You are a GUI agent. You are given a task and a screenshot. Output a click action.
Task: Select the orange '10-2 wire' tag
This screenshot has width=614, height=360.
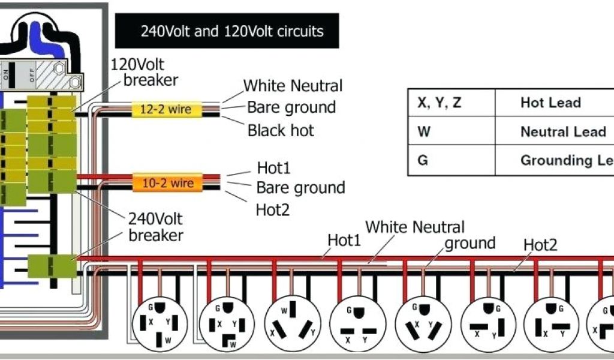coord(167,182)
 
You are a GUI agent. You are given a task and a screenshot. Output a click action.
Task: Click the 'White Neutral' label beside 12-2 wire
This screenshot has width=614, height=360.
coord(293,86)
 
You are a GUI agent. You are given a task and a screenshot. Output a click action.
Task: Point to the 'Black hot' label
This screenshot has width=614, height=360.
coord(281,130)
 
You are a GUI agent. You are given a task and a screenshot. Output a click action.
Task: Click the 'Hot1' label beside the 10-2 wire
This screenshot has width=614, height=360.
coord(273,168)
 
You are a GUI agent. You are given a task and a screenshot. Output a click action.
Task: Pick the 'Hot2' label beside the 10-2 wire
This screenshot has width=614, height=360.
coord(273,209)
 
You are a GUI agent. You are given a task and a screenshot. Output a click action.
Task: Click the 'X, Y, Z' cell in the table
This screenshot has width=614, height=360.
coord(440,103)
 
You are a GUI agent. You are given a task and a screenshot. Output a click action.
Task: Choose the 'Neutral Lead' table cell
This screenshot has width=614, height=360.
coord(562,131)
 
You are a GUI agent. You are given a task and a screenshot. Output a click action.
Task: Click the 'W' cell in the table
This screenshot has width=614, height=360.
coord(424,131)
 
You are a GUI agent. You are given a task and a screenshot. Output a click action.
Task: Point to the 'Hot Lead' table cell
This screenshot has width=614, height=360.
coord(550,103)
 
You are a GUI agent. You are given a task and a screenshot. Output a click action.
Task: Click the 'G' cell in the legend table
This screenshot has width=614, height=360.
coord(423,160)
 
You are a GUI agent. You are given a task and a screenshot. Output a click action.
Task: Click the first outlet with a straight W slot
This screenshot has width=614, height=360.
coord(159,324)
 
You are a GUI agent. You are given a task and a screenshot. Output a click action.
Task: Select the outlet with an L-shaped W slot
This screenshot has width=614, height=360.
coord(227,324)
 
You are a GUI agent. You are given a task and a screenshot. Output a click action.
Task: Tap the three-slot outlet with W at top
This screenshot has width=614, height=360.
coord(292,324)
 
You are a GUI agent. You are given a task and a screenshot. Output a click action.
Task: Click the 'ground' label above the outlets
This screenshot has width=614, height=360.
coord(469,243)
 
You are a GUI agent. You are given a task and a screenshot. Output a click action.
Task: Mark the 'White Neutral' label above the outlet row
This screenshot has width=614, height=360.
coord(415,227)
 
